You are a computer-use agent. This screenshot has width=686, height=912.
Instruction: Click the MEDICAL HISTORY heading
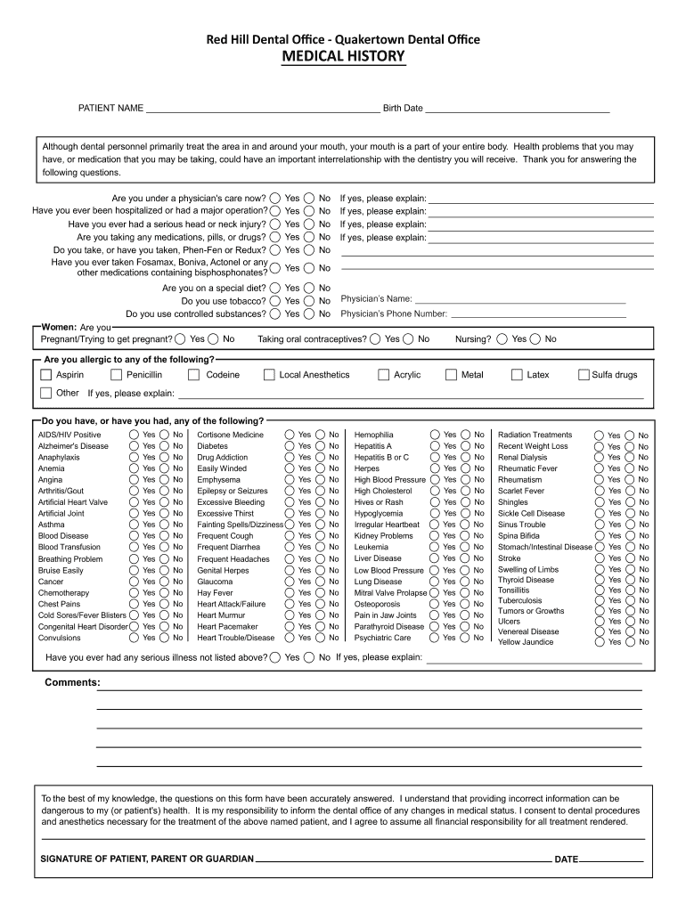click(343, 58)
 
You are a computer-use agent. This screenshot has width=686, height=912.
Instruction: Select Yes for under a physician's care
click(276, 199)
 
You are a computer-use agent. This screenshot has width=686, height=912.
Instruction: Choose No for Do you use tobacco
click(310, 301)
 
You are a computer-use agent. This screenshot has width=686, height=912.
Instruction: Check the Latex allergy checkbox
click(517, 375)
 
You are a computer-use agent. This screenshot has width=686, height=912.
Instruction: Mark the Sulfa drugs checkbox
click(584, 375)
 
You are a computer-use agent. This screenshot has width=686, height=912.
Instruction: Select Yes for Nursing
click(502, 338)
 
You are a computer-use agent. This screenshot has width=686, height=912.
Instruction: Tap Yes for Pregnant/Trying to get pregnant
click(181, 338)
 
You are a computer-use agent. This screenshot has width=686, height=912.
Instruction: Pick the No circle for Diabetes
click(322, 445)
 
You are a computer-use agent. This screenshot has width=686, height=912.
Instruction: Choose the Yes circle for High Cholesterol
click(435, 491)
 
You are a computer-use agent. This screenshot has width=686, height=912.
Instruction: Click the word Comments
click(72, 683)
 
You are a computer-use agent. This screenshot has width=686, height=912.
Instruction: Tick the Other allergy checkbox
click(46, 393)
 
